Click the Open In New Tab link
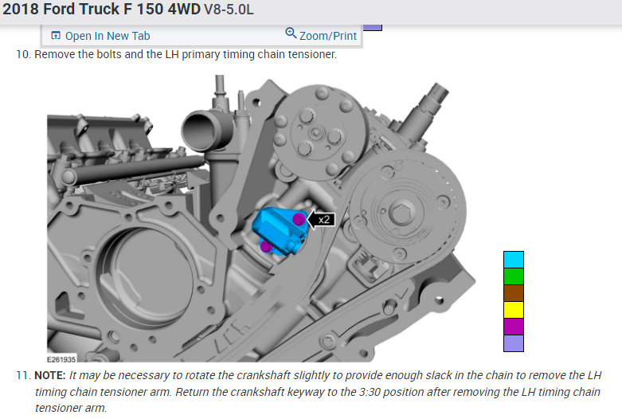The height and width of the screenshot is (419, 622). pos(101,36)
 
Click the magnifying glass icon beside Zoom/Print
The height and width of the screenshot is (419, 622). pos(291,33)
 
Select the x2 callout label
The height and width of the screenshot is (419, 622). pos(322,219)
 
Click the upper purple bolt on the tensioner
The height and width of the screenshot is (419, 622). pos(299,219)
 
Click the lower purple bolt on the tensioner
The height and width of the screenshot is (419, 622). pos(266,247)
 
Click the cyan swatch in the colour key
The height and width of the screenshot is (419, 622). pos(514,260)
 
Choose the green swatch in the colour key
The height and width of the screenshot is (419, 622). pos(514,276)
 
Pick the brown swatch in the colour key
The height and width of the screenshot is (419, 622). pos(514,293)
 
